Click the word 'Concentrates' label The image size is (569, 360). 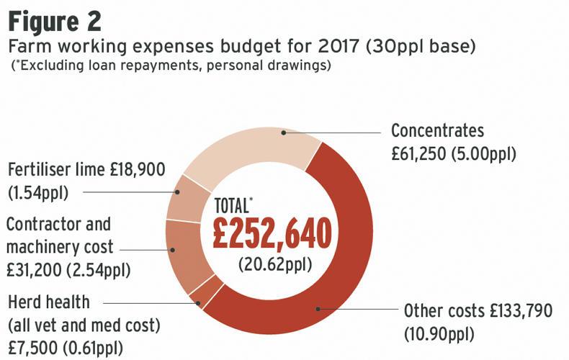[437, 131]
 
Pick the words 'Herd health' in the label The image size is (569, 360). [48, 302]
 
